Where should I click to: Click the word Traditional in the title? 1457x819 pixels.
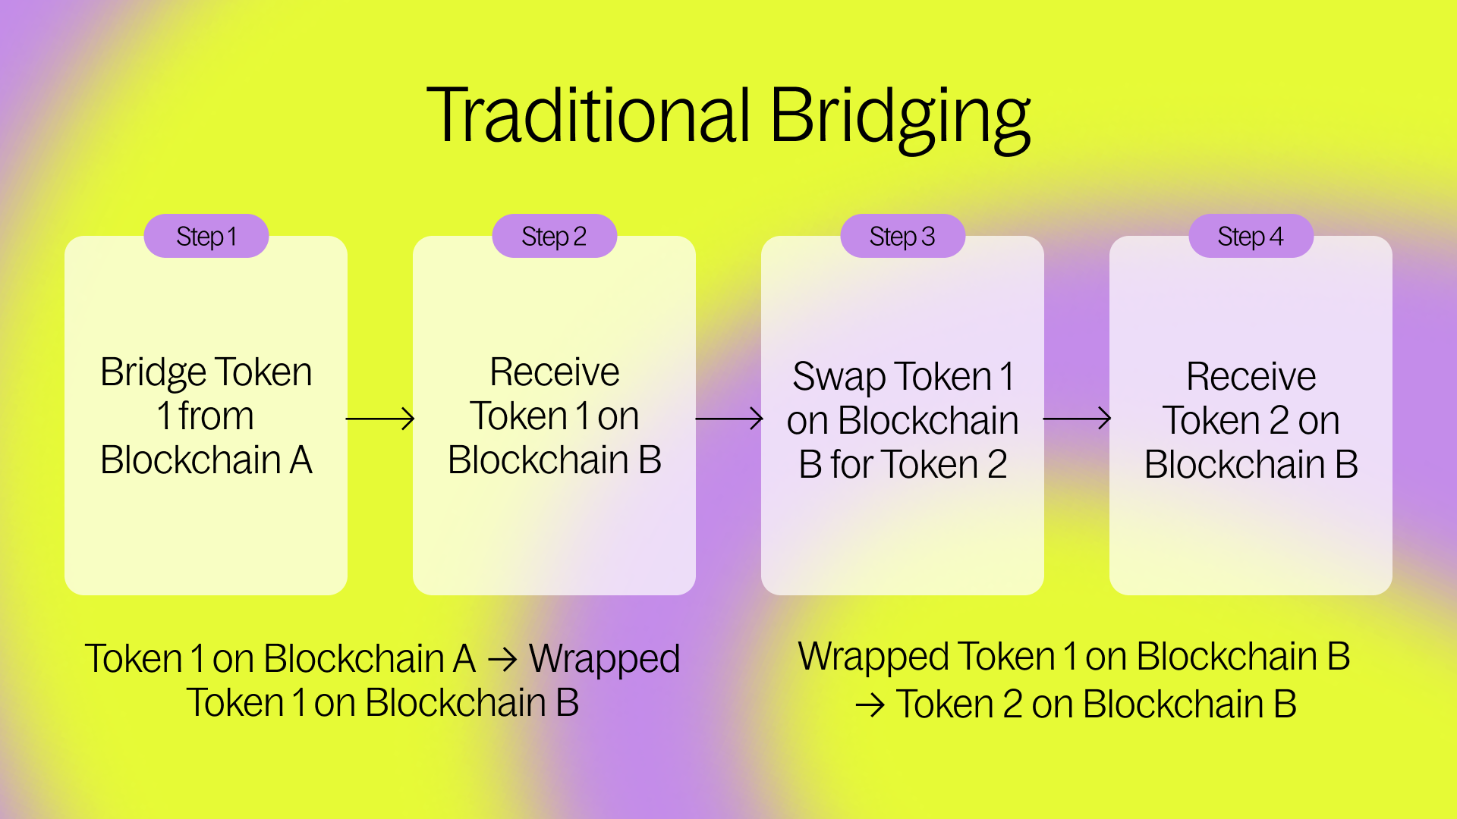point(588,115)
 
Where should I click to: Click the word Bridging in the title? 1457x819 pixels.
point(900,118)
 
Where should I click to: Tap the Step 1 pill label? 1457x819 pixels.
point(206,237)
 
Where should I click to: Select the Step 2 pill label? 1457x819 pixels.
point(554,237)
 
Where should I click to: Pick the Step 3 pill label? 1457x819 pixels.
point(902,237)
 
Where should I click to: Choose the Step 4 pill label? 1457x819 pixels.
point(1251,237)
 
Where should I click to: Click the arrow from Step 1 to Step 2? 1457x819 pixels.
point(380,419)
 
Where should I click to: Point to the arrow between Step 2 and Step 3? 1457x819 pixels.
point(728,419)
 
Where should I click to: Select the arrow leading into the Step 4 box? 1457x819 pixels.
point(1077,419)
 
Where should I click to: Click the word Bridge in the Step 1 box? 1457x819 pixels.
point(153,373)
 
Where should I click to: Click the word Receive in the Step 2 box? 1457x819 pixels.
point(555,372)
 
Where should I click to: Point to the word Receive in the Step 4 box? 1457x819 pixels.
point(1251,377)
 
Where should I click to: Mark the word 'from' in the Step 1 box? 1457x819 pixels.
point(216,416)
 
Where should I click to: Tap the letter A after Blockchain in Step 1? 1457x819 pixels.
point(301,460)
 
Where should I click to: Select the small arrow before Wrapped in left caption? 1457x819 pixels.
point(502,660)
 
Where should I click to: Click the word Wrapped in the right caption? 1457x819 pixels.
point(873,657)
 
